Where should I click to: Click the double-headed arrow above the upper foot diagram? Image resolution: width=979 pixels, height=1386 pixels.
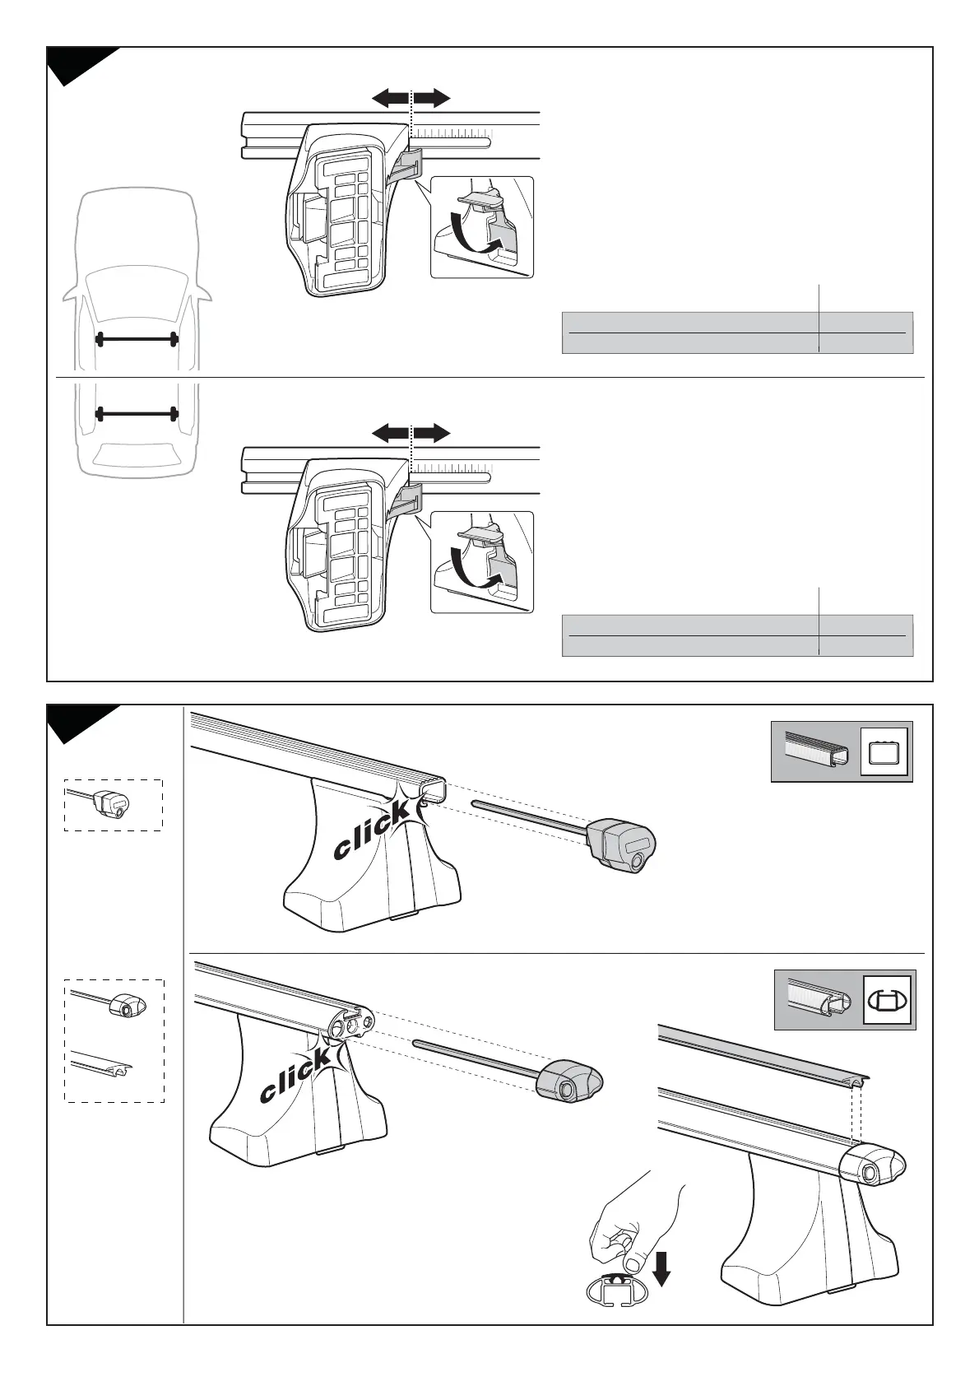click(411, 99)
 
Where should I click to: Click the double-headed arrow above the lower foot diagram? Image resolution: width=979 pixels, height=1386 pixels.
click(411, 433)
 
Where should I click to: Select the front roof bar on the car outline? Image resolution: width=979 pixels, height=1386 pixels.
click(137, 338)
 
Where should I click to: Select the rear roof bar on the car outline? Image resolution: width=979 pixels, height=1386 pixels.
click(137, 413)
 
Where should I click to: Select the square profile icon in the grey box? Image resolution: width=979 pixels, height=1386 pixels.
click(884, 752)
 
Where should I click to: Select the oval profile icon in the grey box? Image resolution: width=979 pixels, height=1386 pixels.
click(888, 1000)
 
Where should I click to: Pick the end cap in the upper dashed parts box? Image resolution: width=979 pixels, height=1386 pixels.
click(110, 803)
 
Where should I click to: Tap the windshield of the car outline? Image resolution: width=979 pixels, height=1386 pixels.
click(137, 293)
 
